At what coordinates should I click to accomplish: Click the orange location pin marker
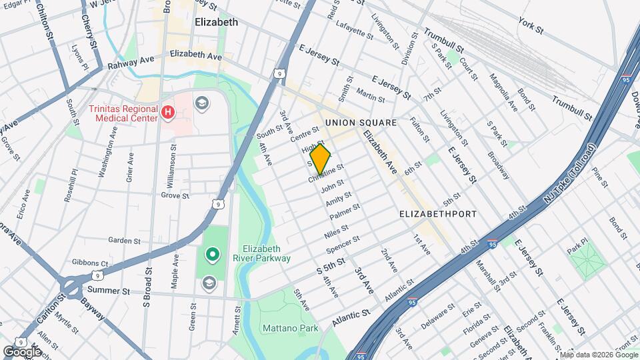click(321, 159)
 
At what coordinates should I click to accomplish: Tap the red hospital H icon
click(169, 113)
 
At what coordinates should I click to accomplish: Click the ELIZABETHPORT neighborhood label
click(437, 214)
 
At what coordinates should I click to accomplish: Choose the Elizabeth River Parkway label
click(266, 253)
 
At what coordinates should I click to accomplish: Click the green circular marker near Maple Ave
click(212, 253)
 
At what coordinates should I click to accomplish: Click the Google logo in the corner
click(22, 351)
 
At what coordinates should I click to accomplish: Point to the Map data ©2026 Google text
click(598, 355)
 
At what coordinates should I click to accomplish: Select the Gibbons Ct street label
click(90, 264)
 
